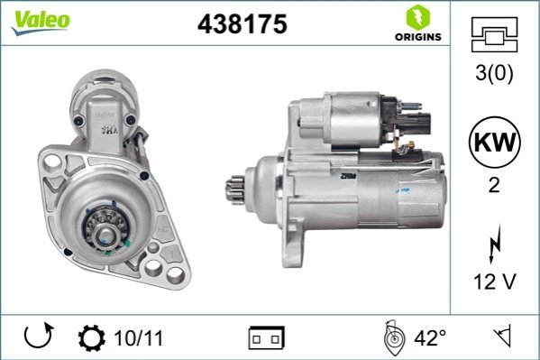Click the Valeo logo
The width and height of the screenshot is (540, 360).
pyautogui.click(x=41, y=23)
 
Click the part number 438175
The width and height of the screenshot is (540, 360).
pyautogui.click(x=243, y=24)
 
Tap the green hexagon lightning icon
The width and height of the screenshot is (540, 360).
pyautogui.click(x=418, y=17)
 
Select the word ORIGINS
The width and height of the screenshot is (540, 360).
pyautogui.click(x=418, y=37)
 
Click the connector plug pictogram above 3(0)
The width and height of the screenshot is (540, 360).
pyautogui.click(x=494, y=34)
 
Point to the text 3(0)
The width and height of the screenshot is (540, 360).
pyautogui.click(x=494, y=73)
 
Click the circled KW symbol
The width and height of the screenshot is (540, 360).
pyautogui.click(x=495, y=142)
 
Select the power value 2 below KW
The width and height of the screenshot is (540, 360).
pyautogui.click(x=494, y=185)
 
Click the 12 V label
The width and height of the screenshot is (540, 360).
pyautogui.click(x=495, y=282)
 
